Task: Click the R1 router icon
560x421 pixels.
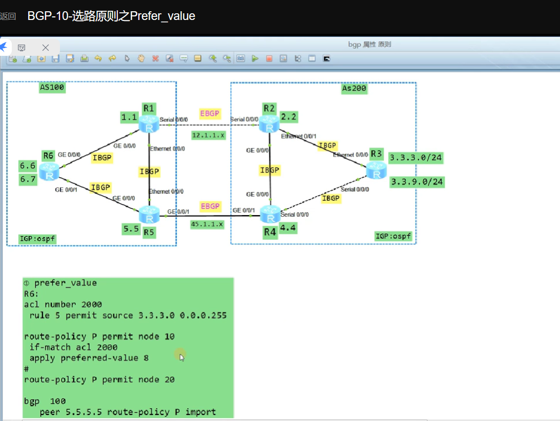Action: pyautogui.click(x=149, y=124)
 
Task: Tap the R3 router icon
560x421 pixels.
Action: pyautogui.click(x=377, y=170)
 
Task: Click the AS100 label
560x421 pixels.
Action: pyautogui.click(x=52, y=88)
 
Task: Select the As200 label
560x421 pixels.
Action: pyautogui.click(x=354, y=89)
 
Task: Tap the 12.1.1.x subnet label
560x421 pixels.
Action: pyautogui.click(x=208, y=135)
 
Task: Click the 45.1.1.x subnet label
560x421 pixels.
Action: pyautogui.click(x=207, y=224)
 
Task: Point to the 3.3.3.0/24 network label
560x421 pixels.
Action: pyautogui.click(x=416, y=158)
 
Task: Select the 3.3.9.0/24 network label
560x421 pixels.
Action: pyautogui.click(x=417, y=182)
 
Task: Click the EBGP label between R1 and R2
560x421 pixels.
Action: pyautogui.click(x=210, y=114)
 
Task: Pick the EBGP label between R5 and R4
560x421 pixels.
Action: pyautogui.click(x=210, y=206)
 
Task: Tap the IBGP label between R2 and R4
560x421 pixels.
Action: pyautogui.click(x=269, y=170)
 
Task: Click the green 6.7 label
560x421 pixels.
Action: pyautogui.click(x=28, y=179)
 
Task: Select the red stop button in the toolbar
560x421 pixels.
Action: pyautogui.click(x=269, y=59)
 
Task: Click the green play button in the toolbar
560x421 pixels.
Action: pyautogui.click(x=255, y=59)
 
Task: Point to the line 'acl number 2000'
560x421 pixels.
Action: pyautogui.click(x=63, y=305)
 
